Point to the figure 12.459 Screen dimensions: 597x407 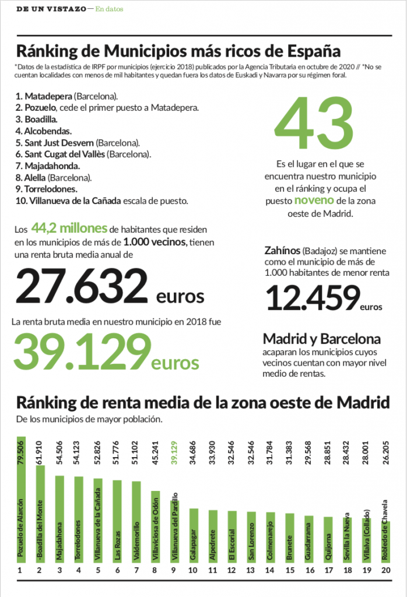[x=312, y=297]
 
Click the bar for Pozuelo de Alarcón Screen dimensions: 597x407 [x=21, y=501]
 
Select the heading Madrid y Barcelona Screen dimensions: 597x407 [x=322, y=339]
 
